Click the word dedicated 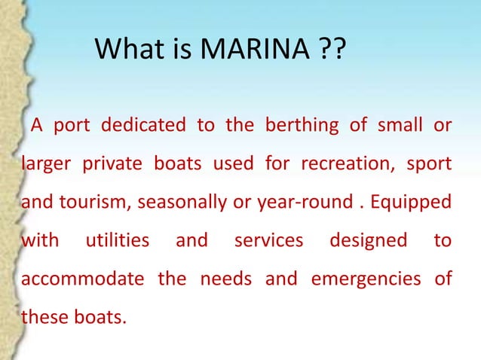tap(144, 125)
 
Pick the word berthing tap(297, 125)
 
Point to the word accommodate tap(82, 279)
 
